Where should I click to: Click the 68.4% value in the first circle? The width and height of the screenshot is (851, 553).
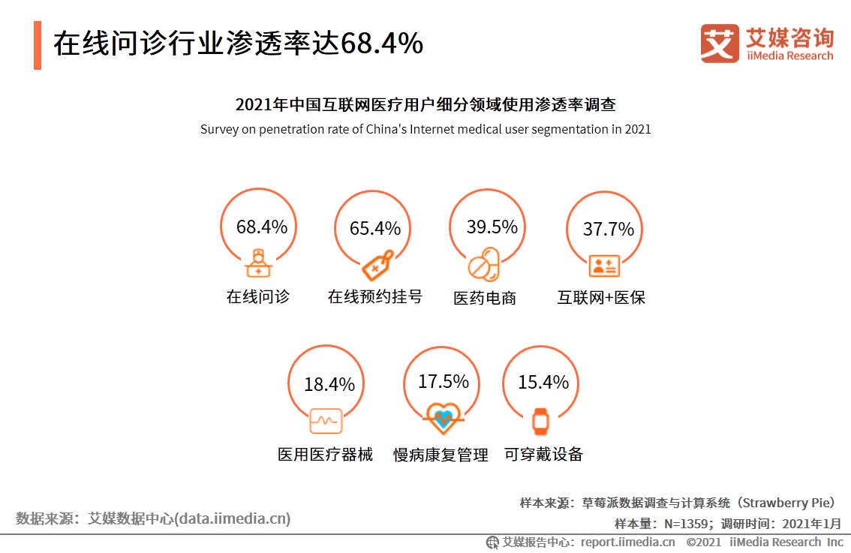(x=262, y=227)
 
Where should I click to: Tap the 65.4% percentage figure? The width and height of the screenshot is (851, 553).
(x=375, y=229)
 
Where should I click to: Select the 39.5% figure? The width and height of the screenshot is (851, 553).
(x=492, y=227)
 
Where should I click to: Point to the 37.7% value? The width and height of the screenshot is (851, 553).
(x=609, y=229)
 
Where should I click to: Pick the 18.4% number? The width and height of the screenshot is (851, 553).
(x=329, y=385)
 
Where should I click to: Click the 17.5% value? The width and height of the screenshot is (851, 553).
(x=444, y=382)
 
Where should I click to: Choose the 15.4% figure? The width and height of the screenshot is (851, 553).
(x=543, y=383)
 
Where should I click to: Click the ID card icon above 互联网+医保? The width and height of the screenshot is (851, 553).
(x=603, y=265)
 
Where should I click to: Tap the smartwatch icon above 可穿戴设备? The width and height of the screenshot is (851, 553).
(x=540, y=420)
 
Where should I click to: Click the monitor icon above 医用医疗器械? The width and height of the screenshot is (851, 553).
(x=326, y=421)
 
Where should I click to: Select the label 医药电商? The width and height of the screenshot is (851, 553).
(x=485, y=298)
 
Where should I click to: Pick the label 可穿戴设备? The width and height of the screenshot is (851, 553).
(x=543, y=454)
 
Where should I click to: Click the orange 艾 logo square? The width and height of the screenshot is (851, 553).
(x=720, y=44)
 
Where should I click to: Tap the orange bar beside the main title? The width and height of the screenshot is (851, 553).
(x=38, y=45)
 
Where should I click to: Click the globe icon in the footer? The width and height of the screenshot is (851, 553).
(x=493, y=542)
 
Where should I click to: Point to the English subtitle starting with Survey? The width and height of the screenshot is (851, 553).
(x=425, y=129)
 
